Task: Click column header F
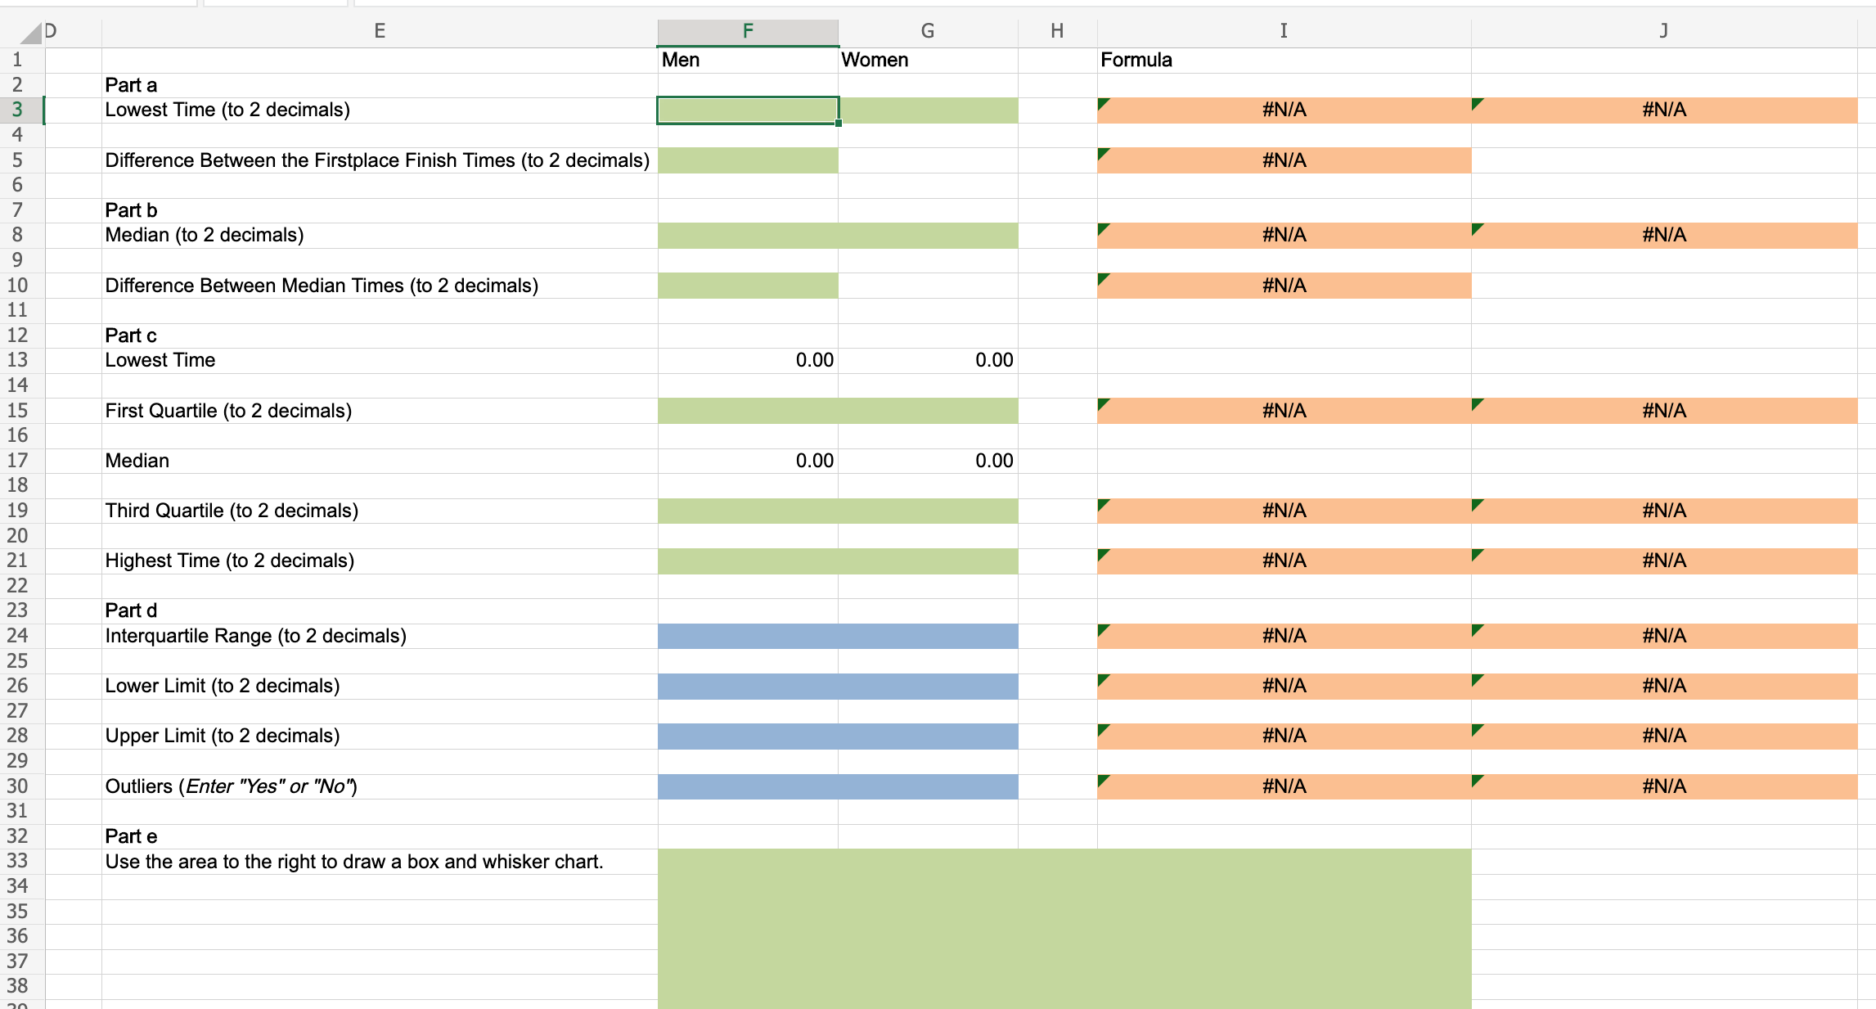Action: [x=747, y=31]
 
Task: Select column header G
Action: [x=927, y=31]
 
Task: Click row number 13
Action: [x=17, y=360]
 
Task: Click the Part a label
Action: [x=131, y=85]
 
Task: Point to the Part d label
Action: [x=131, y=610]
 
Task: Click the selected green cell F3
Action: [x=747, y=110]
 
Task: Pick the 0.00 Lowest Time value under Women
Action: [x=993, y=360]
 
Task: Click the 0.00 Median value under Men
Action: [x=814, y=461]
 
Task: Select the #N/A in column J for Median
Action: [x=1663, y=236]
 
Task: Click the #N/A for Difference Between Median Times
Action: [x=1284, y=286]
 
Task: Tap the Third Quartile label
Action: [x=232, y=511]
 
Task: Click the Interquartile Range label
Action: [x=255, y=636]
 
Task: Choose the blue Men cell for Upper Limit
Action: [x=747, y=736]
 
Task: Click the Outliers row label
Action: [x=231, y=786]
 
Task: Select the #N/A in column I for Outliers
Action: [x=1284, y=786]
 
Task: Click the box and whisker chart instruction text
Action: [x=353, y=862]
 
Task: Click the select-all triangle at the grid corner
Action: [x=31, y=34]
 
